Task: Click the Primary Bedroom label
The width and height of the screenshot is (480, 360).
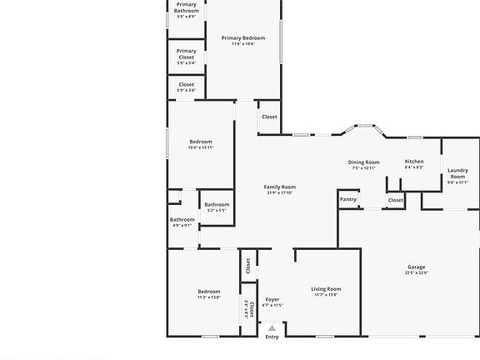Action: (x=243, y=37)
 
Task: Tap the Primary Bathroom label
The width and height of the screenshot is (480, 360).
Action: (x=187, y=7)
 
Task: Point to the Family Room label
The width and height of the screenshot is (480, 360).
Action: (x=280, y=187)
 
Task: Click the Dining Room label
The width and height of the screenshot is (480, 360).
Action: (x=363, y=162)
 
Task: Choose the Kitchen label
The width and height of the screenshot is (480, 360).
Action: (x=414, y=161)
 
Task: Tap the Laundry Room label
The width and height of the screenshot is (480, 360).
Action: (x=458, y=173)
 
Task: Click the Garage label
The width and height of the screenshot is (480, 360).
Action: (x=416, y=267)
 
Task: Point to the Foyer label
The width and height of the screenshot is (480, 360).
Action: (x=272, y=299)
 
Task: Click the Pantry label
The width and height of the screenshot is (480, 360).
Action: (x=348, y=199)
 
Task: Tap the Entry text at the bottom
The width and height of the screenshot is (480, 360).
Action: (x=272, y=337)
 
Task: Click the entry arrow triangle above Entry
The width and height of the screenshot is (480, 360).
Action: (x=272, y=328)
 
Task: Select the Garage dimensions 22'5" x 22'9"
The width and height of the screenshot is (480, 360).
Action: (x=416, y=273)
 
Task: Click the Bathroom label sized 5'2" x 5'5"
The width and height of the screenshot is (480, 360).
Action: (x=217, y=204)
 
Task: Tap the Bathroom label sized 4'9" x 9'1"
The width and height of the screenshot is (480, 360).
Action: (x=182, y=220)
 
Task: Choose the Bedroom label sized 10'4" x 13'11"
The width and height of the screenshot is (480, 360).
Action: (x=201, y=142)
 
